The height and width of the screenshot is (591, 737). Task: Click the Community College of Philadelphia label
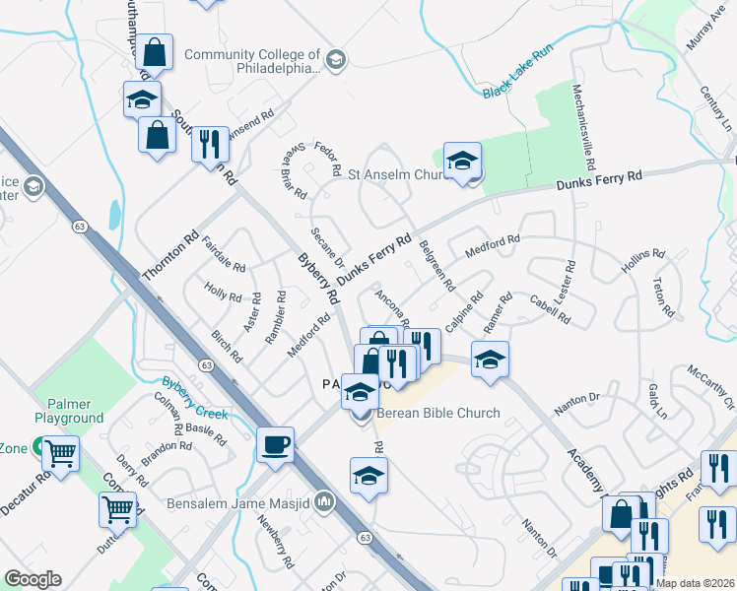(252, 62)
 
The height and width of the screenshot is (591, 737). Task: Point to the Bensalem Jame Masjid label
(248, 504)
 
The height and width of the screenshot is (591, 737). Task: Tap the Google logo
(33, 579)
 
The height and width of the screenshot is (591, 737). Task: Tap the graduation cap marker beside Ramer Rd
(490, 360)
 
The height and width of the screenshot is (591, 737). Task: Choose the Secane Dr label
(326, 248)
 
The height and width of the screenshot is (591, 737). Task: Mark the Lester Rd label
(567, 282)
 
